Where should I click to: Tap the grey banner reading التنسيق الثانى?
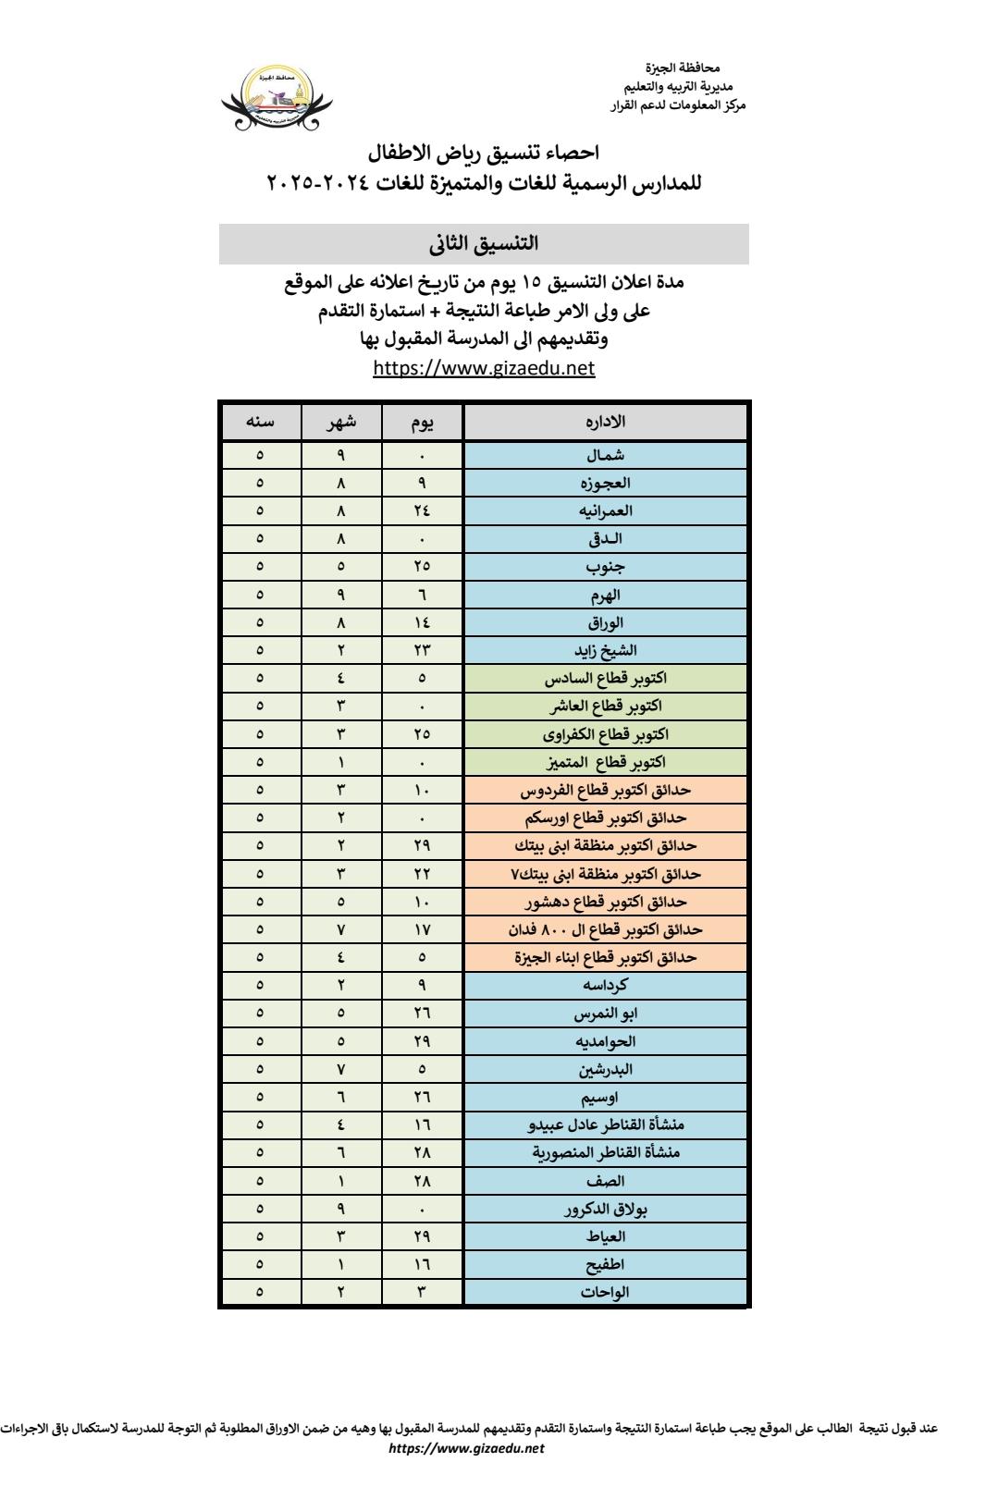[484, 245]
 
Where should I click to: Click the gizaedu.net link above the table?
[483, 369]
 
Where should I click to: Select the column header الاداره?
[606, 422]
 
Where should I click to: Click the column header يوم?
[423, 422]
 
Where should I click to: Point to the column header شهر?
[340, 422]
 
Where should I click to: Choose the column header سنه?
[260, 422]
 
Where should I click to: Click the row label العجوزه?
[606, 483]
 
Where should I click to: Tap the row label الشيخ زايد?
[606, 650]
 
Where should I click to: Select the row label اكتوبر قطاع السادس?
[606, 678]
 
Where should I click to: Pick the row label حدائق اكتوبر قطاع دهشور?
[606, 901]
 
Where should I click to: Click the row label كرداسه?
[606, 985]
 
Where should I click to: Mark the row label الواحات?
[606, 1292]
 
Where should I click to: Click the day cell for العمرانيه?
[423, 510]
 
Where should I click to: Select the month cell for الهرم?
[340, 595]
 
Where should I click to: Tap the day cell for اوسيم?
[423, 1097]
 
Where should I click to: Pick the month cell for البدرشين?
[340, 1069]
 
